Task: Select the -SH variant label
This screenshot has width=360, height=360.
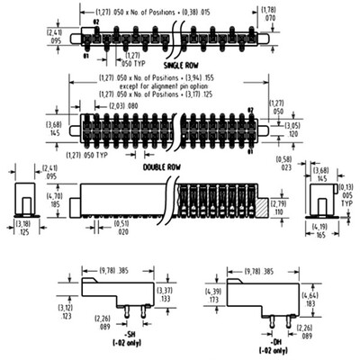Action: tap(120, 336)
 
